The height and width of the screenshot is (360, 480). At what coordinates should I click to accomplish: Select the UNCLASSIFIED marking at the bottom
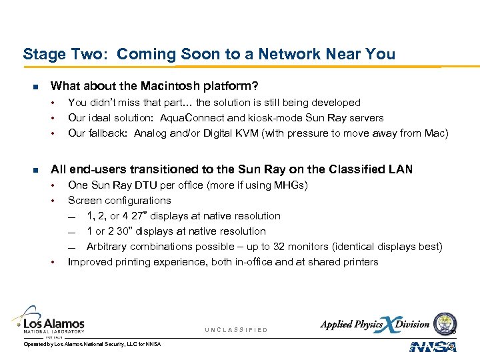click(236, 330)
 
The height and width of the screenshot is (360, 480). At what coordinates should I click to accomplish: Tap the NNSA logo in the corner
click(433, 346)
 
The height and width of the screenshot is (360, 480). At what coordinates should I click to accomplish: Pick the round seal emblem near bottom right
click(445, 323)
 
